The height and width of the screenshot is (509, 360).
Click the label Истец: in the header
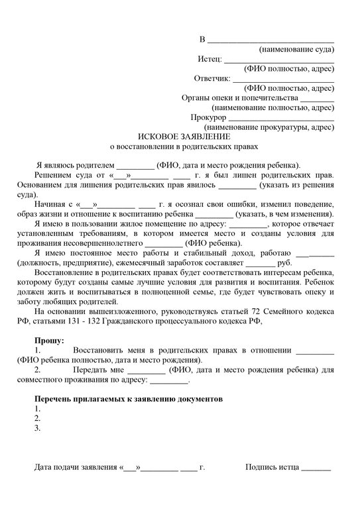(210, 59)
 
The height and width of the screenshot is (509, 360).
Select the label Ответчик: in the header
(211, 78)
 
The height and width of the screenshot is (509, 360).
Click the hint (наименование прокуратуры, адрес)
(269, 126)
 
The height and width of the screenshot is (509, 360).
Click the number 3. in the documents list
(38, 428)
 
